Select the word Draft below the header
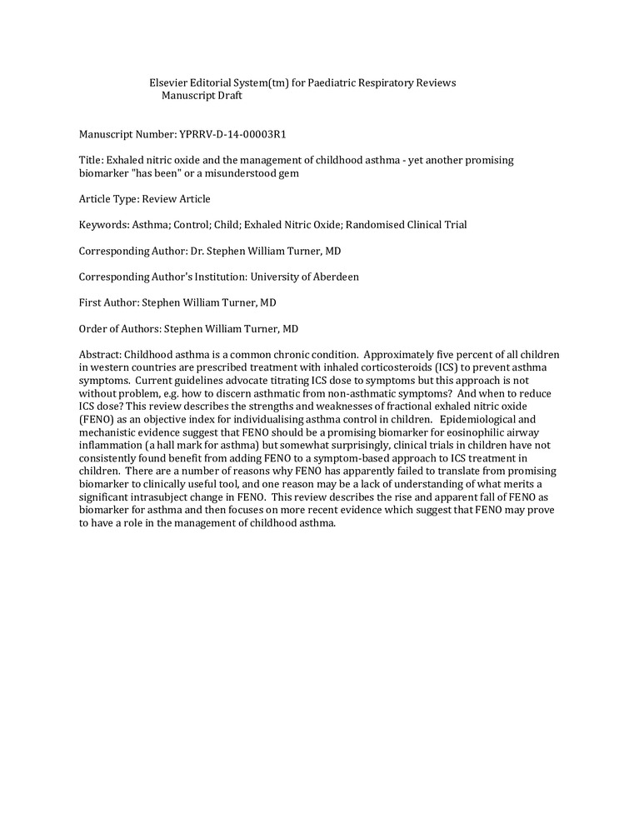(x=227, y=95)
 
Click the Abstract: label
(x=100, y=355)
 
